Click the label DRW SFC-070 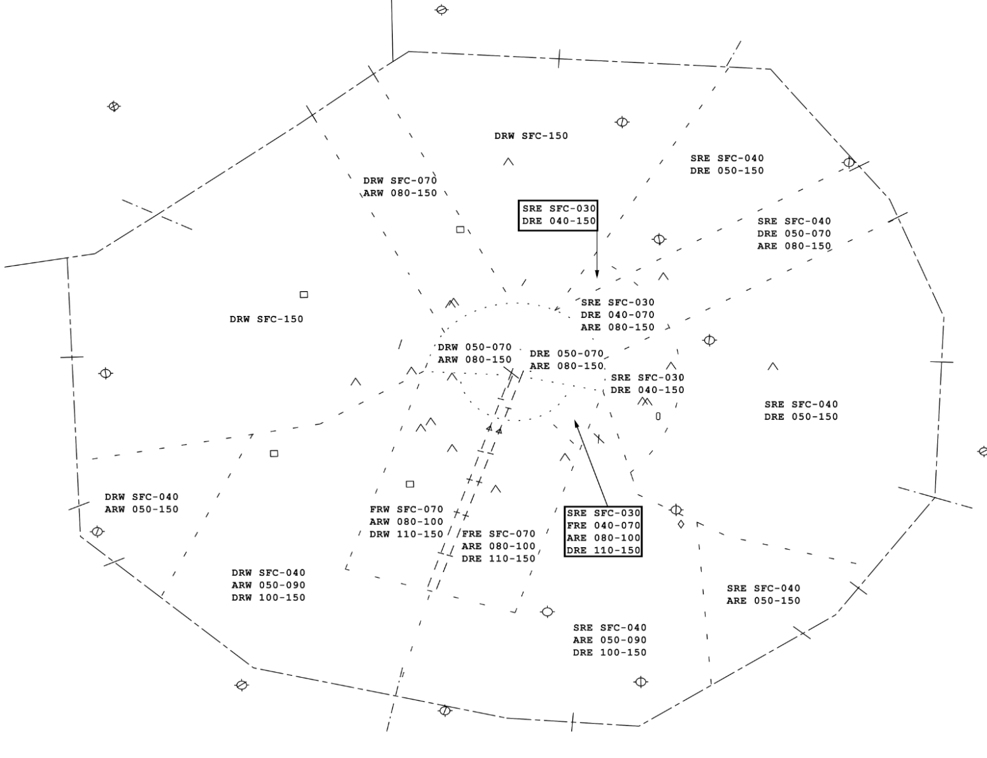point(400,180)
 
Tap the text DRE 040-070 point(617,315)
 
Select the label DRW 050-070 point(474,347)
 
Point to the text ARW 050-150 point(141,509)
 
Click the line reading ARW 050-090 point(268,585)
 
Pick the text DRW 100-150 point(268,597)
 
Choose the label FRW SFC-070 point(406,509)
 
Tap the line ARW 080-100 point(406,522)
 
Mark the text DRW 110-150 point(406,534)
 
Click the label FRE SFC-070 point(499,534)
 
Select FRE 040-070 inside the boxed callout point(603,526)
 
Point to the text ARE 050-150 point(763,601)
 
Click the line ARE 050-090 point(609,640)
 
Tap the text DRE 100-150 point(609,652)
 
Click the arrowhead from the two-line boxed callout point(597,275)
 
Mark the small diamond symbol point(681,524)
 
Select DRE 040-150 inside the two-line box point(558,221)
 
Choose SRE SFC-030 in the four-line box point(603,513)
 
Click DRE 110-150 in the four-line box point(603,550)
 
